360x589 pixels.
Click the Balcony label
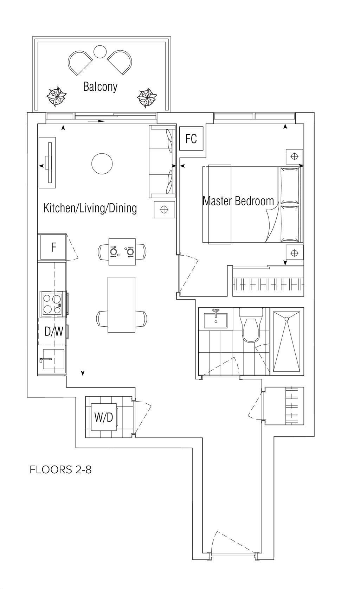tap(100, 87)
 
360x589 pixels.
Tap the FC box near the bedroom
tap(191, 138)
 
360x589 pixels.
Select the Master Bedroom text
tap(238, 201)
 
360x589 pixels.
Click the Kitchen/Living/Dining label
tap(90, 208)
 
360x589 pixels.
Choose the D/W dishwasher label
tap(54, 332)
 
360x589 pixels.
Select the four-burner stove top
tap(52, 304)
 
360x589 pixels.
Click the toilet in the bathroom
tap(251, 325)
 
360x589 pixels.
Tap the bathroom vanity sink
tap(216, 319)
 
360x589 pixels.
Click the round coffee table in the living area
tap(102, 164)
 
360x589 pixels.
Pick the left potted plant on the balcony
tap(56, 97)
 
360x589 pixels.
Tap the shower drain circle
tap(287, 319)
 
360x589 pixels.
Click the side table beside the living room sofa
tap(164, 210)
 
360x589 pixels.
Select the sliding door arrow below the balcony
tap(96, 121)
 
